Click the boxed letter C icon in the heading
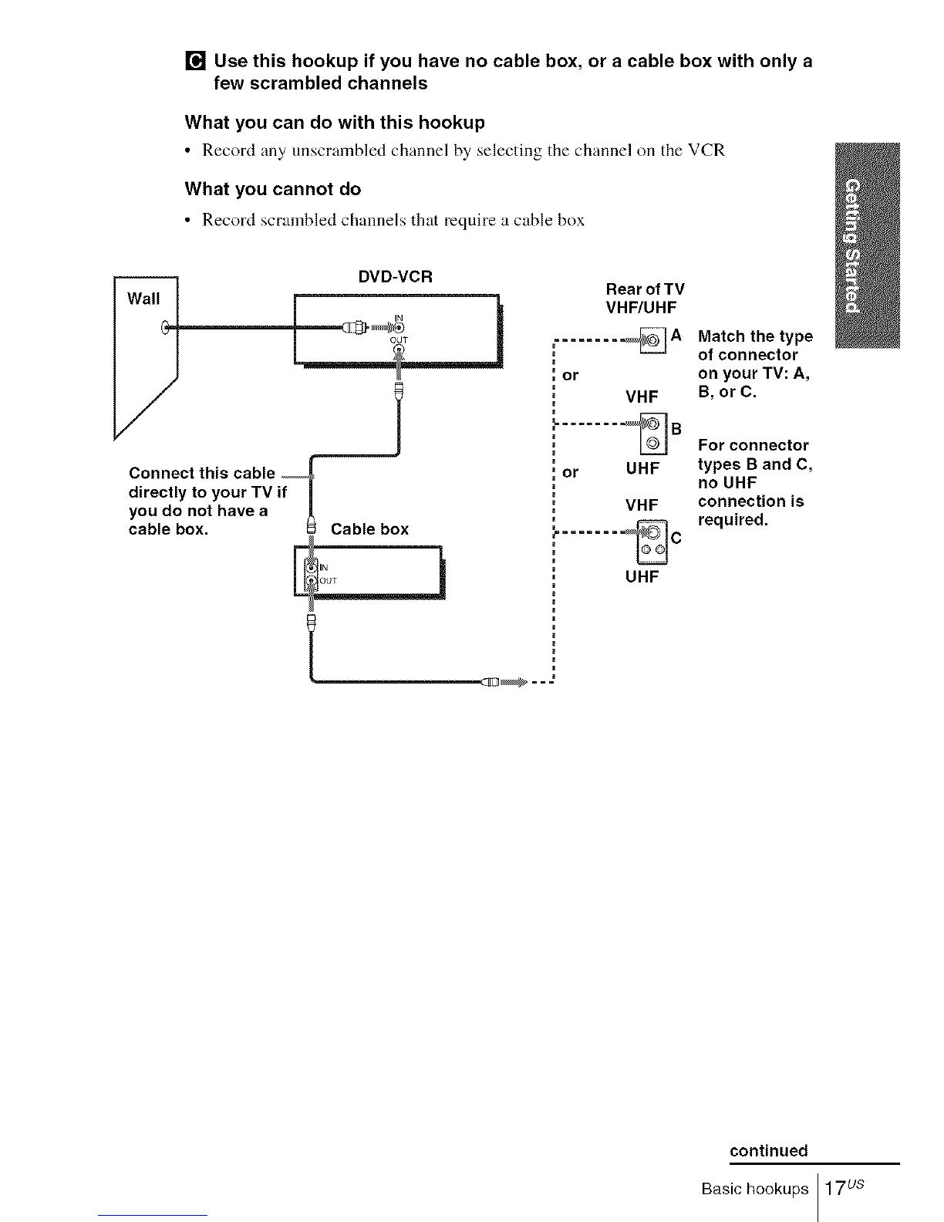click(195, 61)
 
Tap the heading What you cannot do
click(272, 189)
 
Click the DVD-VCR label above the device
click(396, 276)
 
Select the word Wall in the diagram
click(143, 299)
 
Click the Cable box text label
click(369, 529)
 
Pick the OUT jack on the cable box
click(310, 580)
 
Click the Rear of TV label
click(645, 289)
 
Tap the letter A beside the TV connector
click(676, 336)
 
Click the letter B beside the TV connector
click(676, 429)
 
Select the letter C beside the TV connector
click(676, 538)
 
